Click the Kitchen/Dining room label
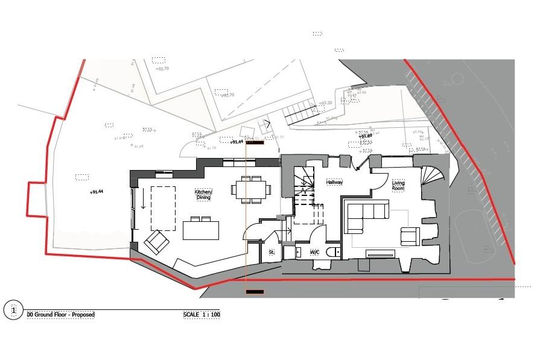[203, 194]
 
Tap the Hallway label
[334, 182]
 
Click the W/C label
[314, 251]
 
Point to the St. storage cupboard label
[272, 252]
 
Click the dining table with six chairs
[249, 189]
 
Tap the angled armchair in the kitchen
[156, 242]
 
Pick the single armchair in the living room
[410, 236]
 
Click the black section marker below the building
[255, 292]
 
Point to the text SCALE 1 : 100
[202, 315]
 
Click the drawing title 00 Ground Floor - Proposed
[61, 315]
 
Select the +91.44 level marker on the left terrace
[96, 192]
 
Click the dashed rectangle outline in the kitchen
[163, 204]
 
